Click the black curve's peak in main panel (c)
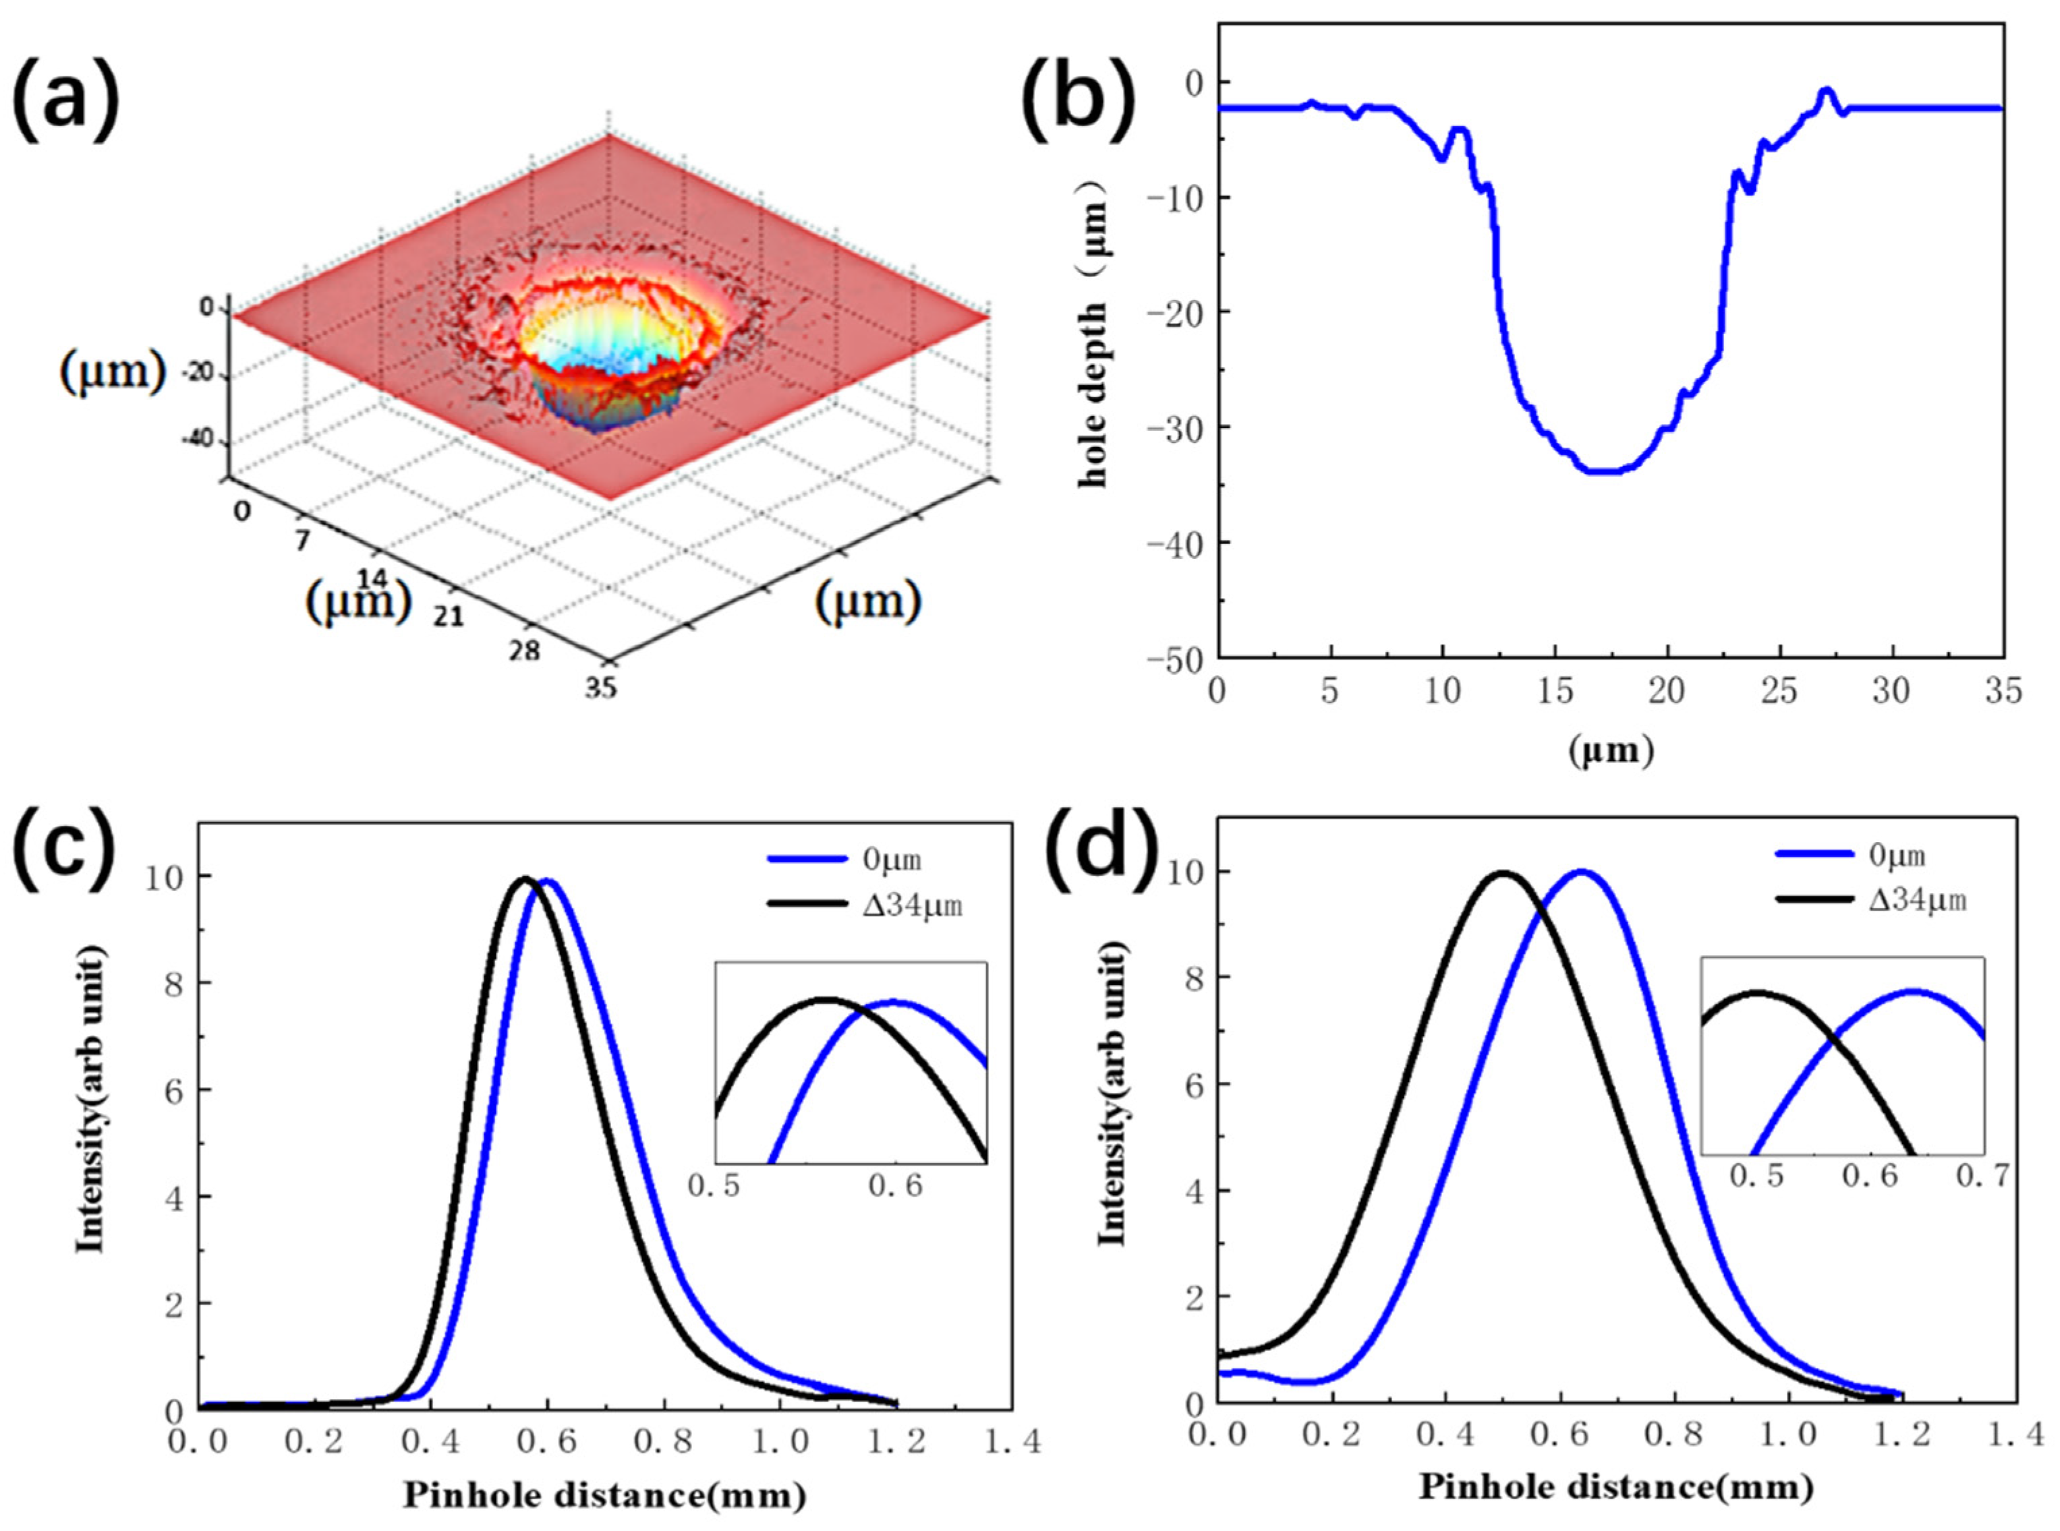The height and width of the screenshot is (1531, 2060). [525, 878]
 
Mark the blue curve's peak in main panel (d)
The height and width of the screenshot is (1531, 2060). [1580, 871]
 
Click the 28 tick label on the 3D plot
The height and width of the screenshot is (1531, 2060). [524, 651]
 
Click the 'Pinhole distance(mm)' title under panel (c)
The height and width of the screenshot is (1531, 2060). [604, 1495]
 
